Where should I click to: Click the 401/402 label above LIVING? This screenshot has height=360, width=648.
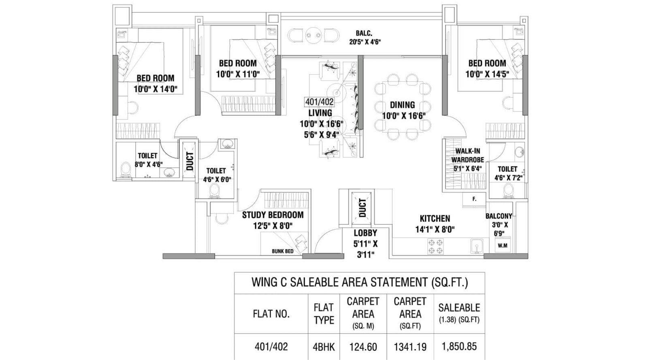click(x=319, y=102)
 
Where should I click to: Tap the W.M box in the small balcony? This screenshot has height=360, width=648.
click(x=502, y=245)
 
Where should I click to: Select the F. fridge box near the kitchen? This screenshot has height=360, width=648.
click(x=474, y=199)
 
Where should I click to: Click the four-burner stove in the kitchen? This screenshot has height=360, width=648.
click(x=435, y=247)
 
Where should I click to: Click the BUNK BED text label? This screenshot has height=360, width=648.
click(x=282, y=251)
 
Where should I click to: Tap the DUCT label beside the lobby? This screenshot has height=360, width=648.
click(x=362, y=208)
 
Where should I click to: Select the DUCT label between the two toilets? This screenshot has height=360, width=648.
click(x=190, y=161)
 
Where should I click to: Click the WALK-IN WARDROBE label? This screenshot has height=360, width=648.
click(x=467, y=156)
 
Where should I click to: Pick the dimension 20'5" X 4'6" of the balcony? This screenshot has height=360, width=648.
click(x=365, y=42)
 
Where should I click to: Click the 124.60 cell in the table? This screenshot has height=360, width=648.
click(x=363, y=347)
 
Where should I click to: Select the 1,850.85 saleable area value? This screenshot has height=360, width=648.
click(x=459, y=347)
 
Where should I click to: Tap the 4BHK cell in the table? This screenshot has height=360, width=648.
click(x=324, y=347)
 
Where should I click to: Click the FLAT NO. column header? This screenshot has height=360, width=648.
click(x=271, y=314)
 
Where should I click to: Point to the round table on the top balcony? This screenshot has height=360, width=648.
click(x=313, y=36)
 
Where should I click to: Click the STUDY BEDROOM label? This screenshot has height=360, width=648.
click(x=273, y=215)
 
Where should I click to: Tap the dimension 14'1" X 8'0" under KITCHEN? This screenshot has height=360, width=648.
click(x=435, y=229)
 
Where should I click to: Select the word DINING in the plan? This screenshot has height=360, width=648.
click(x=402, y=105)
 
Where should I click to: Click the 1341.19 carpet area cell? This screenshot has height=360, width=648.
click(x=410, y=347)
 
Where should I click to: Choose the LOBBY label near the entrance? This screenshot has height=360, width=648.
click(x=365, y=233)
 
